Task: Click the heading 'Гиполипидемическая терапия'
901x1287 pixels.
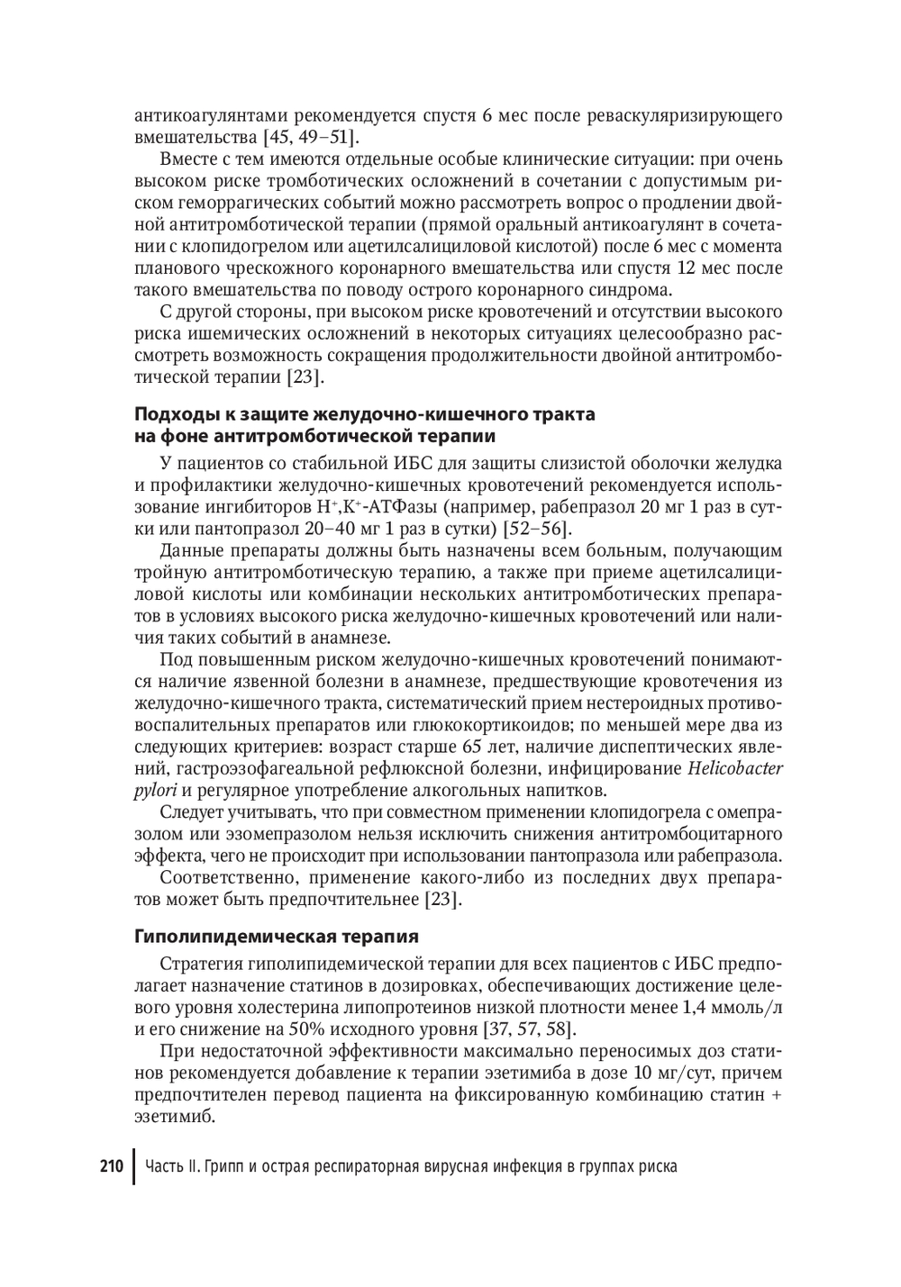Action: tap(277, 936)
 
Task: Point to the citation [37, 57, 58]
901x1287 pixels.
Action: tap(530, 1029)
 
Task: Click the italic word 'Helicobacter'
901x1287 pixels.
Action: tap(735, 769)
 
